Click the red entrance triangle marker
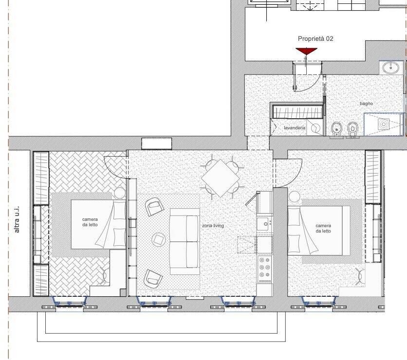click(307, 51)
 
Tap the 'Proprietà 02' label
click(315, 38)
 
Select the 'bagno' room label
click(366, 104)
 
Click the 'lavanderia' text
click(295, 128)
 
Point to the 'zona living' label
click(213, 226)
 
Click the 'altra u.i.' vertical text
click(17, 219)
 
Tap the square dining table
click(221, 178)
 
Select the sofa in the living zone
click(185, 241)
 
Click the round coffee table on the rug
click(158, 239)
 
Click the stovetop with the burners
click(264, 269)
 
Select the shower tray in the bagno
click(384, 124)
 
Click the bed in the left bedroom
click(98, 224)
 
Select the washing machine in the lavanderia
click(314, 127)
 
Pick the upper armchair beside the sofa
click(155, 207)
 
